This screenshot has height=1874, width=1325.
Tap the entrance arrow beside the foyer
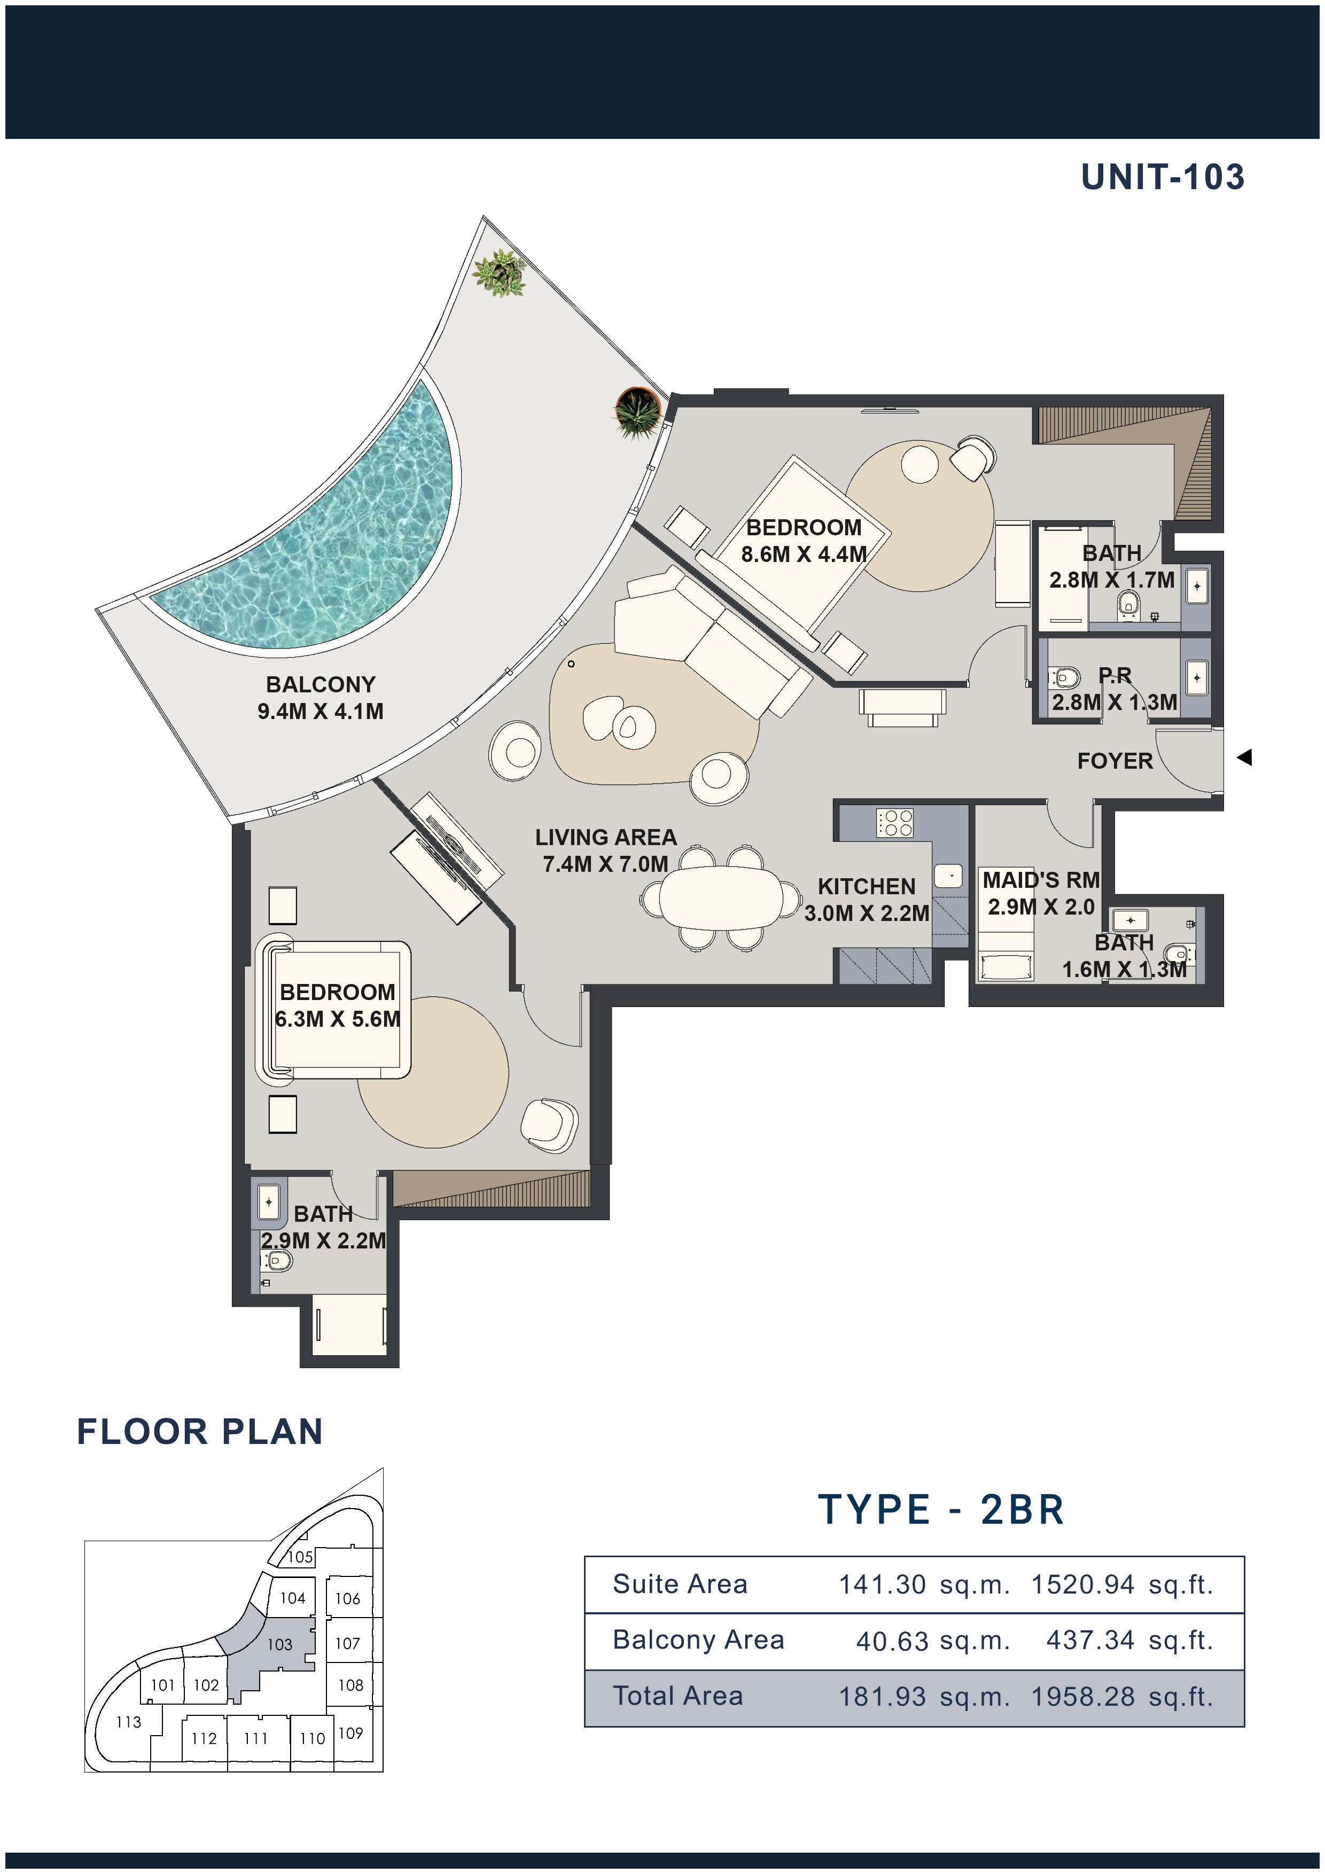pos(1244,758)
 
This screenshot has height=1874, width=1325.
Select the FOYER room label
pos(1114,761)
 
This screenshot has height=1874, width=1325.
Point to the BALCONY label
pos(321,684)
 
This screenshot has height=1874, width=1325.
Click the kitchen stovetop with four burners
pos(895,823)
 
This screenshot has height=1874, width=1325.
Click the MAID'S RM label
pos(1041,880)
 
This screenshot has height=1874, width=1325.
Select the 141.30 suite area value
pos(882,1584)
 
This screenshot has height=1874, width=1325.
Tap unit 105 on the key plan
pos(300,1557)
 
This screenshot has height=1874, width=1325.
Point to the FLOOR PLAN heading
pos(200,1432)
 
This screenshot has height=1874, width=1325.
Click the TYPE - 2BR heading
pos(941,1509)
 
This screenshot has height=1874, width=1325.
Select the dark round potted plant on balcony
pos(637,412)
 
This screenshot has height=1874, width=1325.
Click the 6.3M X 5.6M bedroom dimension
pos(337,1019)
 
